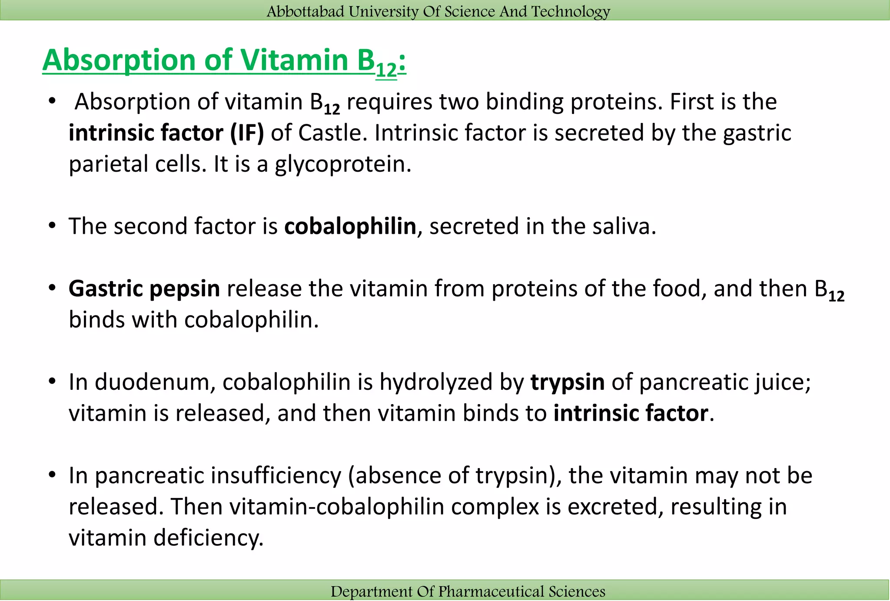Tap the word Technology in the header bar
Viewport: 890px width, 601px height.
571,11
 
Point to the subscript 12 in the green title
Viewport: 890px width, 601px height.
386,70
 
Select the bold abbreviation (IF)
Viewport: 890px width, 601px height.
247,133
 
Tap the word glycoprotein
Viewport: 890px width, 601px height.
342,165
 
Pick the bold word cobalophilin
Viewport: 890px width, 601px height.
350,226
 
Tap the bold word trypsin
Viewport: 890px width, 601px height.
567,382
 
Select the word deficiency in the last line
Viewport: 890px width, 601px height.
209,538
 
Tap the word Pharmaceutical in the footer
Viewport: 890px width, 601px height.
491,591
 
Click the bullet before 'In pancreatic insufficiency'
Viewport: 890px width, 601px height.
53,475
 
